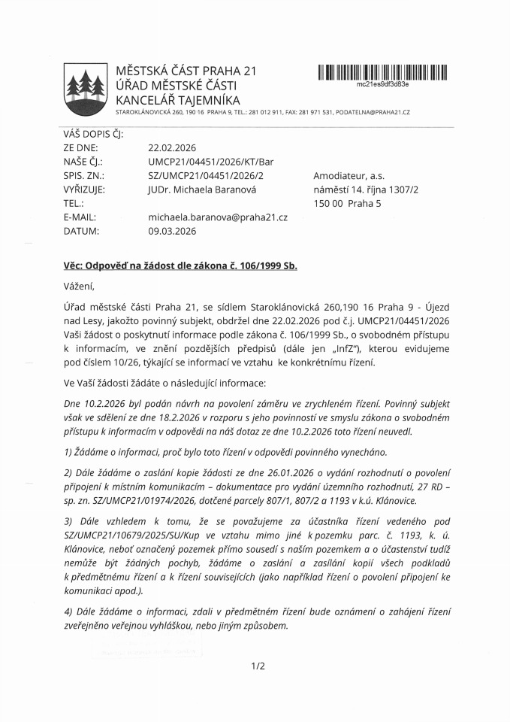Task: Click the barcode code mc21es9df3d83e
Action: (382, 84)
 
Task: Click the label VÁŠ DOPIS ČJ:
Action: (92, 135)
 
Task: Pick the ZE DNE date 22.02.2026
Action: (172, 148)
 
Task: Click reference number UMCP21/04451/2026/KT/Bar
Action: (211, 162)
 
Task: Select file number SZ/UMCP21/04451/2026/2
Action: (206, 176)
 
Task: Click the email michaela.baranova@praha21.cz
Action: (218, 217)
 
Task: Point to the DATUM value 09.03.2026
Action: (172, 231)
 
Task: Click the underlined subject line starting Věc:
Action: (180, 266)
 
